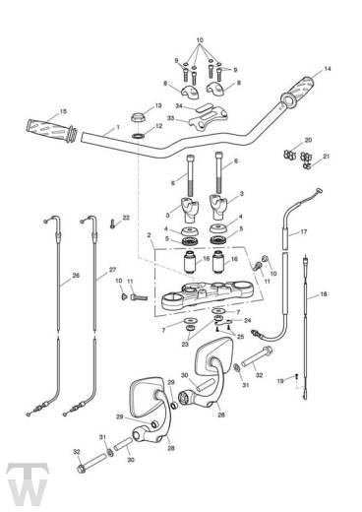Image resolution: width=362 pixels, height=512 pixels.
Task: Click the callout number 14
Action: [x=328, y=69]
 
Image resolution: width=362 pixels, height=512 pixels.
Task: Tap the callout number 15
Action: [x=63, y=111]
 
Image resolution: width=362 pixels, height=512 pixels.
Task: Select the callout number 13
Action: [x=158, y=105]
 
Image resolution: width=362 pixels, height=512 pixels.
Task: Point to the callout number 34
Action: [x=179, y=106]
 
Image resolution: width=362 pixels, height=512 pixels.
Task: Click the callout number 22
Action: [x=126, y=218]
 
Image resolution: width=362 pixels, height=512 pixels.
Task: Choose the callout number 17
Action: [x=304, y=231]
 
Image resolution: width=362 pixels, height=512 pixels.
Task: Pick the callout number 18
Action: [x=324, y=294]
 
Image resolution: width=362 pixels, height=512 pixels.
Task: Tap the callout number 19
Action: [x=280, y=381]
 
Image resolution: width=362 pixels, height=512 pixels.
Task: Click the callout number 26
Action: [x=76, y=276]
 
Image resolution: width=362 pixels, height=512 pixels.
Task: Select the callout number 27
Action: [x=112, y=270]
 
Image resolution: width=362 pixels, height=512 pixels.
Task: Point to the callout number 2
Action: [x=149, y=235]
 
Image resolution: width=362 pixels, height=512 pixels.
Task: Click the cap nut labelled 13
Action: [x=139, y=118]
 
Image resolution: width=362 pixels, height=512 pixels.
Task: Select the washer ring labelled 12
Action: [x=139, y=136]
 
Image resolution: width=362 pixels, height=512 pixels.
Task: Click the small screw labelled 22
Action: [x=112, y=224]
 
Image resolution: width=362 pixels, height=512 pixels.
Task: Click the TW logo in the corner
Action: [x=28, y=484]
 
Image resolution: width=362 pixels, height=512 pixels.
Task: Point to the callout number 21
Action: [x=326, y=157]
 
